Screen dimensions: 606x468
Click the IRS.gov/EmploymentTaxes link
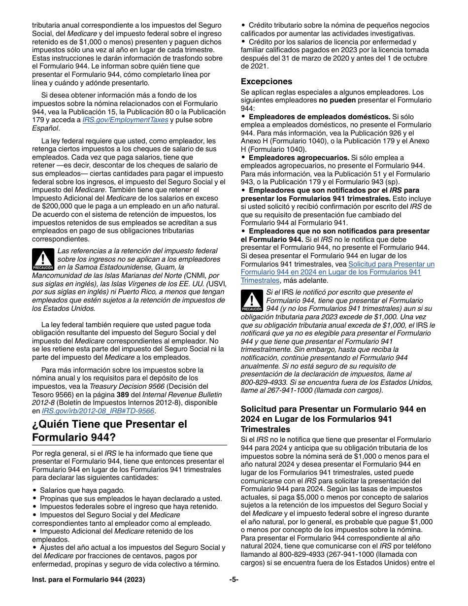click(x=125, y=120)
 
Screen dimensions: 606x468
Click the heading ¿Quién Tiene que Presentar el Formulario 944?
click(x=109, y=431)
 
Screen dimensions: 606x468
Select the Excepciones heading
click(x=266, y=81)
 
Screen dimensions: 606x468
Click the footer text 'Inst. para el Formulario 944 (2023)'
click(x=89, y=580)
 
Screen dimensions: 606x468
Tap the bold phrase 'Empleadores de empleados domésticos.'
click(x=319, y=117)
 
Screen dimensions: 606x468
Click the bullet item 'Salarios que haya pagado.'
click(x=82, y=490)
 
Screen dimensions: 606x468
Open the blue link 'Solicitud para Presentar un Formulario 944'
click(x=391, y=264)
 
